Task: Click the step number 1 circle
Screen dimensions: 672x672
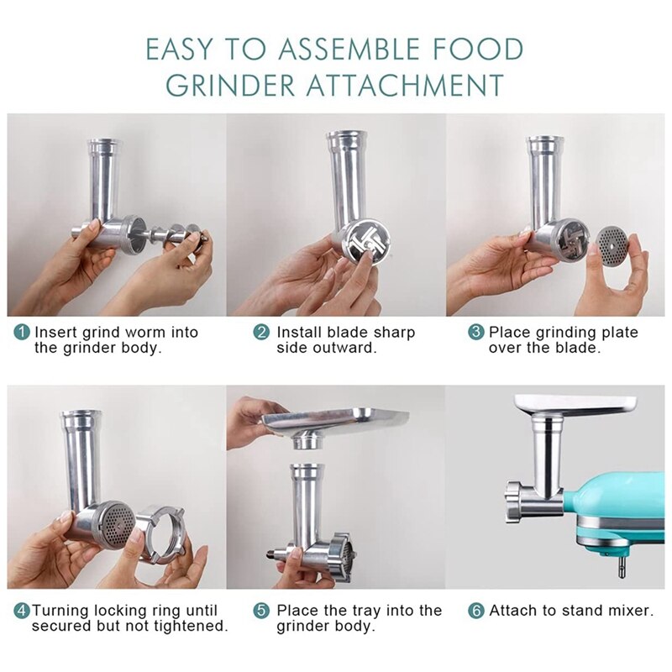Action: tap(22, 333)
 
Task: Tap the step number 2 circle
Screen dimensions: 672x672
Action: tap(262, 333)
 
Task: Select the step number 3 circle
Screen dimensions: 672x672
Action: tap(476, 333)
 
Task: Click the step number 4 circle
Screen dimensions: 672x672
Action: tap(20, 611)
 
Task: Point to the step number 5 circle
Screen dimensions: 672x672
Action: tap(262, 611)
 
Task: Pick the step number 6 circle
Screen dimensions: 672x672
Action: tap(476, 611)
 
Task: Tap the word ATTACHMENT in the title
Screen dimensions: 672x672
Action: tap(394, 86)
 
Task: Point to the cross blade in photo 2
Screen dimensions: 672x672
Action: tap(362, 239)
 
